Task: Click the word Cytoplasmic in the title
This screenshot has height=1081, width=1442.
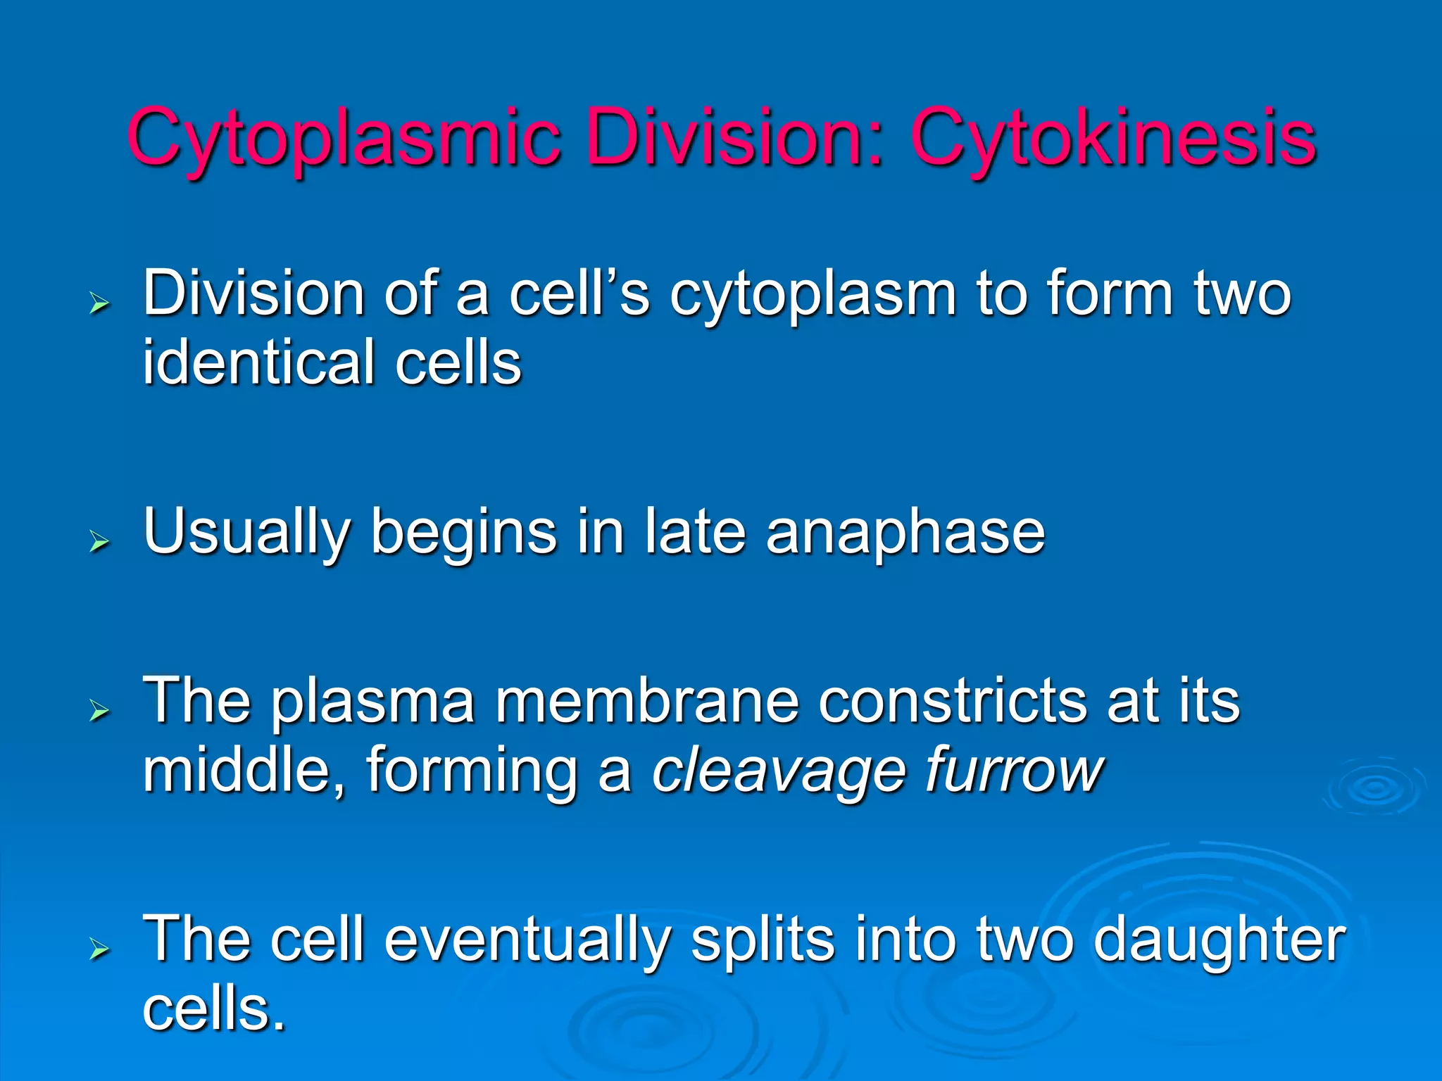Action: [344, 138]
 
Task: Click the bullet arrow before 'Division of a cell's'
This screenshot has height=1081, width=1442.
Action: [100, 304]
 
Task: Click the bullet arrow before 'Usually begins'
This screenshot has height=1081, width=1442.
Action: [100, 541]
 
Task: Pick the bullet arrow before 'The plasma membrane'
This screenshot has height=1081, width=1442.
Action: [100, 711]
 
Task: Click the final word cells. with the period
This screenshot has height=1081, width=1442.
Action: [214, 1009]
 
